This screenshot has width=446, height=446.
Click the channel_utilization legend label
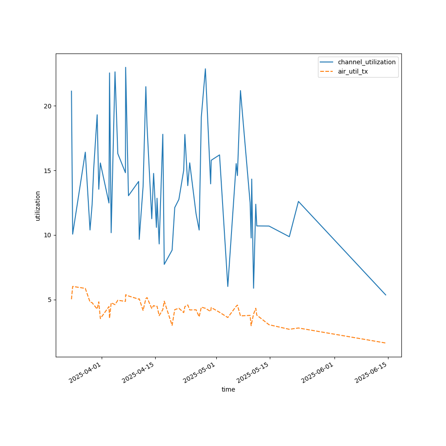[367, 62]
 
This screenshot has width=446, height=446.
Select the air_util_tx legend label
[353, 71]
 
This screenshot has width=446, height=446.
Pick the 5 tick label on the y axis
[49, 300]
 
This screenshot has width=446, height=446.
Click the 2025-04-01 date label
[86, 373]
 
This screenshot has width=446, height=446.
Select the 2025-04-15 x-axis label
[139, 373]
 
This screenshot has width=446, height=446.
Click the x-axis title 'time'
[228, 389]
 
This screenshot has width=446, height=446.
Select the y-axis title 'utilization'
[38, 206]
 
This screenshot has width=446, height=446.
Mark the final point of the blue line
[386, 295]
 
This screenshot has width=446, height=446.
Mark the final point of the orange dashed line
[386, 343]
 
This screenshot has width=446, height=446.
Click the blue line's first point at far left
[71, 91]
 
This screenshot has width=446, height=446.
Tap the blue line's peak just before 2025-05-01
[205, 69]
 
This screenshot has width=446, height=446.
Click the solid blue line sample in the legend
[327, 62]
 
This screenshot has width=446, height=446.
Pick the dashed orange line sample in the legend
[327, 71]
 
